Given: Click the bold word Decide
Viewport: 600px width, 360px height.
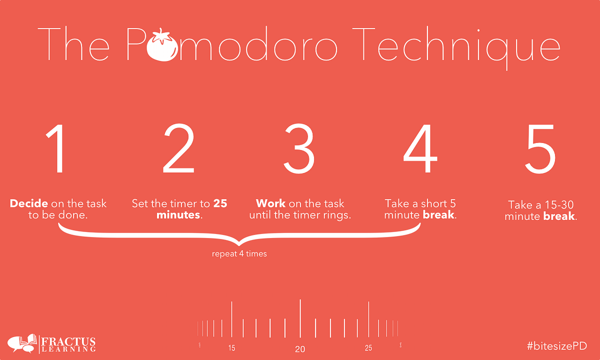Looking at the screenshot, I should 29,203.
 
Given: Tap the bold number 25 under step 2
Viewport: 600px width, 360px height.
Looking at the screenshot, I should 220,203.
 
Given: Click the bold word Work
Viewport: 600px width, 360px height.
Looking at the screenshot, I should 270,203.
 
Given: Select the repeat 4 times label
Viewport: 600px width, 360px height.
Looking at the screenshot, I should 239,254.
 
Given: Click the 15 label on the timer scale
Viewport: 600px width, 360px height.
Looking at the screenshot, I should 231,348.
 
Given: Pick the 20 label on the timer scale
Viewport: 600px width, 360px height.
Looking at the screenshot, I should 300,349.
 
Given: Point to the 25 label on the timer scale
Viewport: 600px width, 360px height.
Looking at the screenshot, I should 368,348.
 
